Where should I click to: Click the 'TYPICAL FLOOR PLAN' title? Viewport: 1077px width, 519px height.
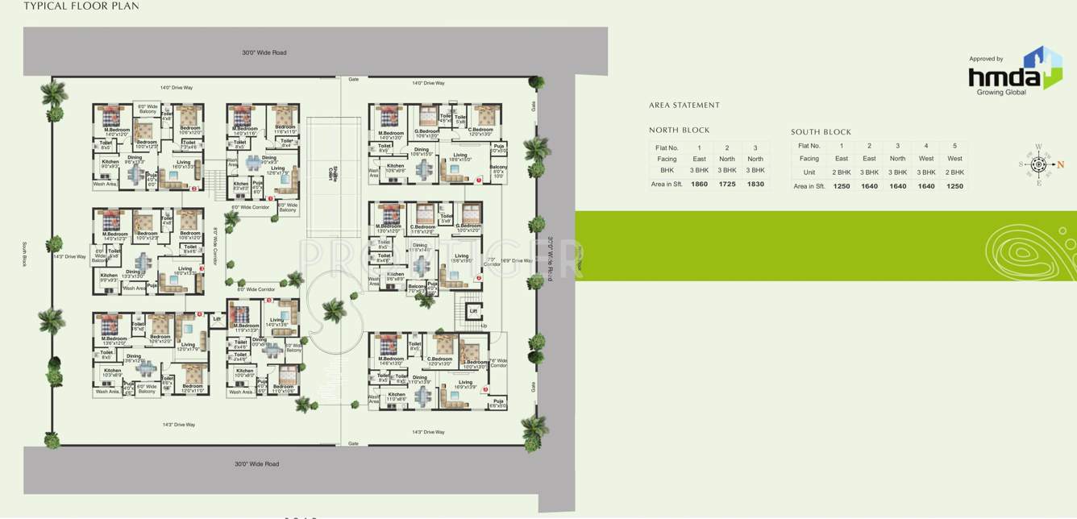point(81,6)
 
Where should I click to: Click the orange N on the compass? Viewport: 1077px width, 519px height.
point(1061,164)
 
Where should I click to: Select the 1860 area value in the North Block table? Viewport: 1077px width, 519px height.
point(699,185)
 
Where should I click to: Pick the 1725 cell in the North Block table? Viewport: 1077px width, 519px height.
point(727,185)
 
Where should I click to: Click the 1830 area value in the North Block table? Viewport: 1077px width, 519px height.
point(755,185)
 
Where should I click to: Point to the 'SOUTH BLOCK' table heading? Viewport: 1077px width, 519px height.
point(821,132)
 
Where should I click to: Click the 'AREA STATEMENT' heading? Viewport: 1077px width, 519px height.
point(684,106)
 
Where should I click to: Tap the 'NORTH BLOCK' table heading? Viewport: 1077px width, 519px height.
point(680,130)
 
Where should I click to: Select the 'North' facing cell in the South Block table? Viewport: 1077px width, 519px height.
point(897,159)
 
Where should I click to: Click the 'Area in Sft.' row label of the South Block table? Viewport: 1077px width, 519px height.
point(809,186)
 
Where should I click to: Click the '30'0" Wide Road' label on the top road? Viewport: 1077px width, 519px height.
point(264,53)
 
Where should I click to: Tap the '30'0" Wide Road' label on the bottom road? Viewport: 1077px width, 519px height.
point(256,464)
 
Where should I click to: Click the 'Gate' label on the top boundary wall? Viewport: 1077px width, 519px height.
point(353,80)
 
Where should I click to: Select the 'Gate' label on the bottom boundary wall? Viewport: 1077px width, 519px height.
point(353,444)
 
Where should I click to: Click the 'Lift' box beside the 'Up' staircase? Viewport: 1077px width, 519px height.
point(473,310)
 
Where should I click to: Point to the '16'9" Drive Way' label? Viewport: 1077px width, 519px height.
point(516,260)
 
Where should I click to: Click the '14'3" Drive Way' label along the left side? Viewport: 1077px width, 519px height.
point(69,257)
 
